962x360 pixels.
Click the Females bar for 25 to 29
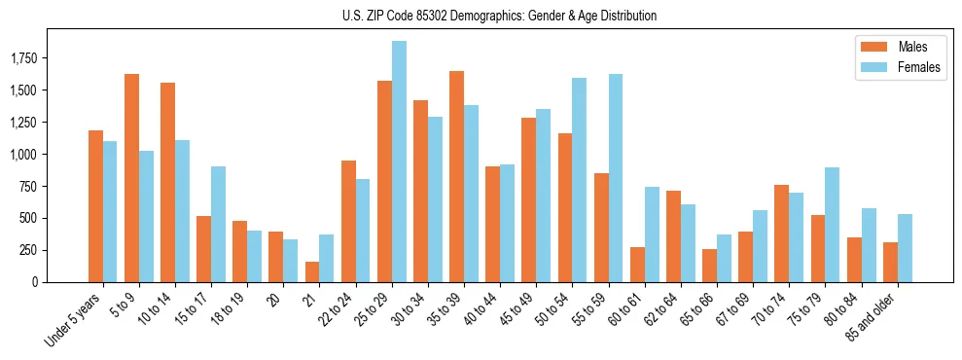[x=399, y=162]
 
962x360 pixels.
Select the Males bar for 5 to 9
[x=131, y=178]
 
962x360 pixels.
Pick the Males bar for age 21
[x=311, y=271]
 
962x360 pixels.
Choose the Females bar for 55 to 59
[x=616, y=178]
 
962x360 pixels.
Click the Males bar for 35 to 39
[x=456, y=176]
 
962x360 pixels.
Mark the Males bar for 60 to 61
[x=637, y=265]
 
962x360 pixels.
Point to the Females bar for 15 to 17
[x=218, y=224]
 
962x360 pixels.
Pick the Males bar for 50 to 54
[x=565, y=207]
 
